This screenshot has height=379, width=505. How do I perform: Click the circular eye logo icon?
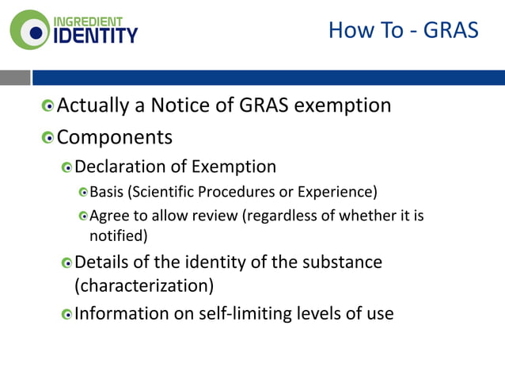coord(29,29)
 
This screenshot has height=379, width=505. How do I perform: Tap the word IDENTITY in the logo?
coord(95,35)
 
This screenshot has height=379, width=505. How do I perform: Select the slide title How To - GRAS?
coord(403,31)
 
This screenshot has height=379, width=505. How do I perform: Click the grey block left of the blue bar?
coord(15,77)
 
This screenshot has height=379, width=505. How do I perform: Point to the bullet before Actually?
coord(49,105)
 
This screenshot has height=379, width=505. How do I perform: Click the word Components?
coord(115,137)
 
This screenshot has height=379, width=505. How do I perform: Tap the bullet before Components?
coord(49,138)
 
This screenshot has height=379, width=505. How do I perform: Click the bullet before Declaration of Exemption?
coord(67,167)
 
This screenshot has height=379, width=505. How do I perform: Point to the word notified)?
coord(118,235)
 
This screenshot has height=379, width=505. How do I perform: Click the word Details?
coord(103,261)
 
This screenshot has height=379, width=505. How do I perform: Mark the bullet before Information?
coord(67,314)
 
